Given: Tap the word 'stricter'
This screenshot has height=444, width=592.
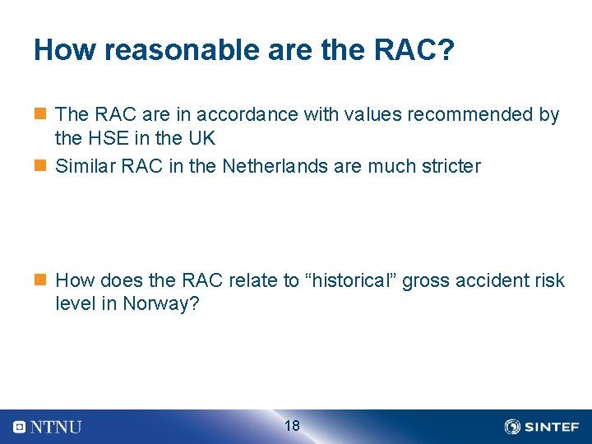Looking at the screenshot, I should [448, 166].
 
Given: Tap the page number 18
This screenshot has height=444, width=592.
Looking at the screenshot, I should [292, 426].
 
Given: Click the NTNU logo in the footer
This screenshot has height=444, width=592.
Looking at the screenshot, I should [48, 427].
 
